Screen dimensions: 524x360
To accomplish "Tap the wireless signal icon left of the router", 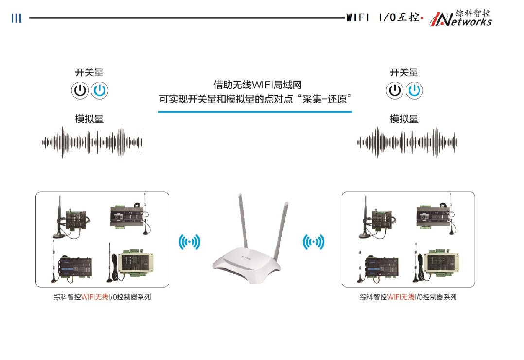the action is tap(189, 241).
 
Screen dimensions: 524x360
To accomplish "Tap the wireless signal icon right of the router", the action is tap(314, 241).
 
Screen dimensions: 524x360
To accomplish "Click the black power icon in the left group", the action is tap(80, 90).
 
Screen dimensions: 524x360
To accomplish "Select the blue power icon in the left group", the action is tap(100, 90).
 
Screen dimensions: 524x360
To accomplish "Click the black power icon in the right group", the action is tap(395, 90).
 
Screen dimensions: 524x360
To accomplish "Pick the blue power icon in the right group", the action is tap(415, 90).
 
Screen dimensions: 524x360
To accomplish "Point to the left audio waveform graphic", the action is tap(92, 142).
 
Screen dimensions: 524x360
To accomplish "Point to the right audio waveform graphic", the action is tap(407, 142).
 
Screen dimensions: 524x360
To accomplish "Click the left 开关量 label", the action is tap(89, 73).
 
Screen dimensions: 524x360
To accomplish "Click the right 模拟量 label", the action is tap(404, 119).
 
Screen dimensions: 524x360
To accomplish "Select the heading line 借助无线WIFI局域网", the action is tap(254, 85).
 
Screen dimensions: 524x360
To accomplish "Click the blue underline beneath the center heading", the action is tap(255, 112).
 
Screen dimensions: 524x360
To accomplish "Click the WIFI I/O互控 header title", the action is tap(382, 18).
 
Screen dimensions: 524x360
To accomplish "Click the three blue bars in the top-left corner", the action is tap(17, 18).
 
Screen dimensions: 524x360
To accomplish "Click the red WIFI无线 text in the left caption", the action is tap(96, 297).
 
